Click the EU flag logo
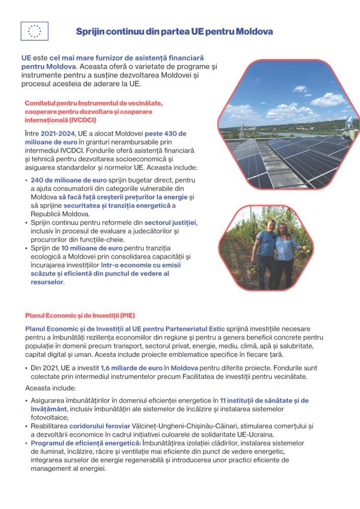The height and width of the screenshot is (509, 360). click(34, 31)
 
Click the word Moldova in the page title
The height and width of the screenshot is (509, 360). click(254, 32)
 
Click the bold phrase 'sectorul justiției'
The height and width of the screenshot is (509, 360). click(171, 222)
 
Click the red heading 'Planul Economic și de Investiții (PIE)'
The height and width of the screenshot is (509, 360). click(80, 316)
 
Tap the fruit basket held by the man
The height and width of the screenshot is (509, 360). click(253, 269)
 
